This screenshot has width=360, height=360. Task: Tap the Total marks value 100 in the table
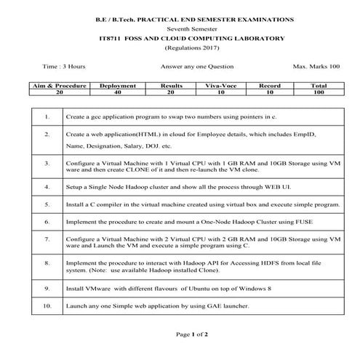[x=318, y=93]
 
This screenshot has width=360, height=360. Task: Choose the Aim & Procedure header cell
[x=60, y=86]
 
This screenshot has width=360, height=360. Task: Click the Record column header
[x=270, y=86]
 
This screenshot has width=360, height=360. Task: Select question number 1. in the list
[x=47, y=116]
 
